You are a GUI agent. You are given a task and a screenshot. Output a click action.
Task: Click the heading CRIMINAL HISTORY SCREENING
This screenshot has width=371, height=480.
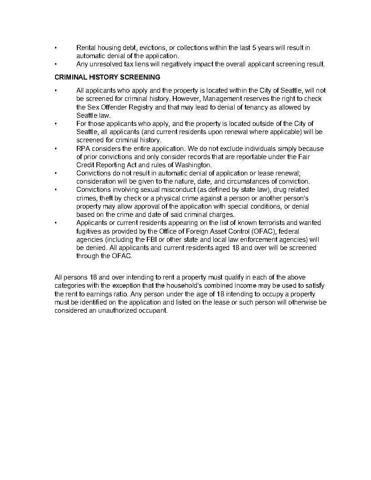[107, 77]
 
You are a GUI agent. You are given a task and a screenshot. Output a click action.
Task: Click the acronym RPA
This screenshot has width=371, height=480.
[83, 149]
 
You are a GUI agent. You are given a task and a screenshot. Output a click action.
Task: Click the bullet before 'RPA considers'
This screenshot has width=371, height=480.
[55, 149]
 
